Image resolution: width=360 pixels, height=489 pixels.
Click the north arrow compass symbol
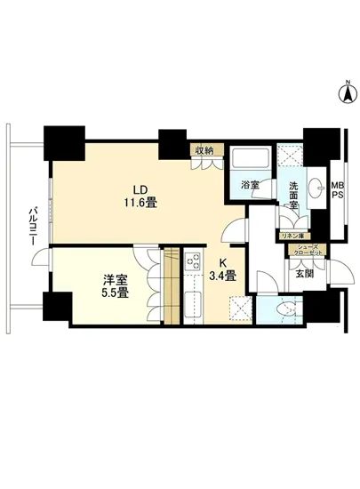pyautogui.click(x=348, y=92)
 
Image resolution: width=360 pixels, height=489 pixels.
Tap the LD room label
pyautogui.click(x=140, y=189)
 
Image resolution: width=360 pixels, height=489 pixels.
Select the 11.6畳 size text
pyautogui.click(x=140, y=203)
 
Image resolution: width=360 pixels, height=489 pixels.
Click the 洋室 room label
pyautogui.click(x=116, y=280)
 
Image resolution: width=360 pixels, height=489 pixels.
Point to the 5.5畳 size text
pyautogui.click(x=116, y=293)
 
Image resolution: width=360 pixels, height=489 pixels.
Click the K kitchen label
pyautogui.click(x=222, y=263)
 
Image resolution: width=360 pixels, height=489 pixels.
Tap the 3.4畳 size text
pyautogui.click(x=222, y=276)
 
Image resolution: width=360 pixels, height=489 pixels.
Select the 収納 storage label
pyautogui.click(x=204, y=150)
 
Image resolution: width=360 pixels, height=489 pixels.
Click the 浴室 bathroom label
pyautogui.click(x=250, y=185)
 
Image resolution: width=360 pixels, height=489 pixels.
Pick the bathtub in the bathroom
pyautogui.click(x=250, y=157)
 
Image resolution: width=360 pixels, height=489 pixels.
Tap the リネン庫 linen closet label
pyautogui.click(x=290, y=236)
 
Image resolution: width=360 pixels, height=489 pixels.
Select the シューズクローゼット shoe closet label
pyautogui.click(x=307, y=250)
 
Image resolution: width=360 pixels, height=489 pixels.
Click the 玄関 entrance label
pyautogui.click(x=304, y=274)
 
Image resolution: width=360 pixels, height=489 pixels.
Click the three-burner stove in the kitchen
pyautogui.click(x=193, y=261)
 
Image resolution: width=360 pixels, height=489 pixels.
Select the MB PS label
pyautogui.click(x=337, y=190)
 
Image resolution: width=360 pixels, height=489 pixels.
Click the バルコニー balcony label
pyautogui.click(x=33, y=226)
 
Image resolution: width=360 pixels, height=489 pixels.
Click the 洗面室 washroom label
pyautogui.click(x=293, y=196)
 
